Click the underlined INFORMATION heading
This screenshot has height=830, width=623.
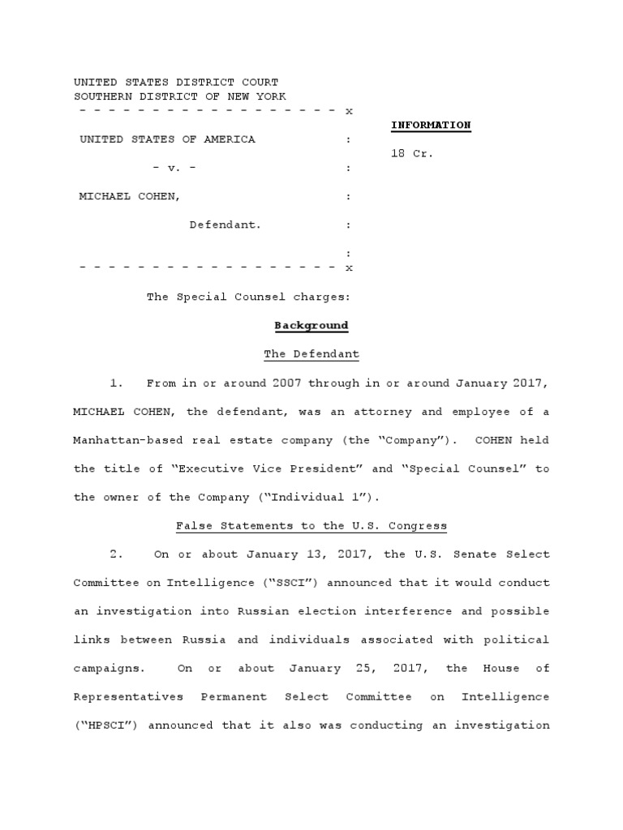[431, 125]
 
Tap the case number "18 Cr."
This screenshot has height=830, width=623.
[412, 153]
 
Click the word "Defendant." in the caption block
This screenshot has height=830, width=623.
[226, 225]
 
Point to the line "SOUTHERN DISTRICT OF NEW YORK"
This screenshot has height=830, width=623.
[179, 96]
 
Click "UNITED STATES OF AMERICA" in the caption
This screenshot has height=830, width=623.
[167, 139]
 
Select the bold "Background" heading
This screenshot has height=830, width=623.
[311, 325]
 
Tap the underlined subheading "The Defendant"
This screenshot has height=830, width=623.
[311, 354]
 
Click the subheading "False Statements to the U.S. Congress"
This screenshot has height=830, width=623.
[311, 525]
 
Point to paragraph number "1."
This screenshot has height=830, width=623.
[117, 383]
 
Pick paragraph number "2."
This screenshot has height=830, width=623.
[117, 554]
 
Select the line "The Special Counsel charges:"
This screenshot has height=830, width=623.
[248, 297]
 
